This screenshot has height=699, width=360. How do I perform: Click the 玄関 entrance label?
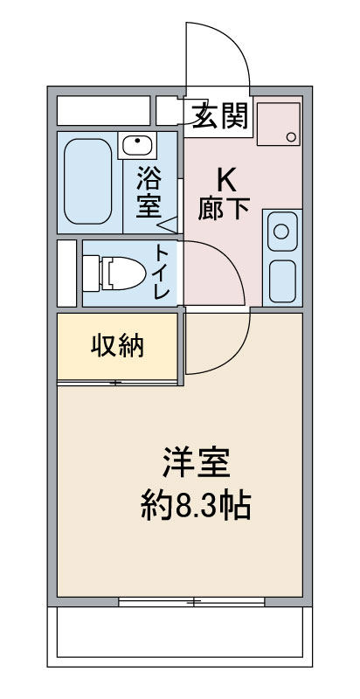point(219,117)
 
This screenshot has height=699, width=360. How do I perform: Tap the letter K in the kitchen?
point(225,181)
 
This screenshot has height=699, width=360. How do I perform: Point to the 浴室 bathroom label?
point(149,191)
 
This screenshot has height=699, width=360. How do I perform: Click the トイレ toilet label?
point(162,272)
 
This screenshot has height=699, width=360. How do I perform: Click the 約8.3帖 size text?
point(196,506)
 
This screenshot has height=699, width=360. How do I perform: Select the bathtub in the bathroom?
point(87,182)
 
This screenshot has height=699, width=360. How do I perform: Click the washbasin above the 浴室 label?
point(137,145)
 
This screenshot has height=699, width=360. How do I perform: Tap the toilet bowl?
point(122,273)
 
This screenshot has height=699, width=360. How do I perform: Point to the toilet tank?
point(92,273)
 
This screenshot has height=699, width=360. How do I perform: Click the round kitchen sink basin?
point(281,232)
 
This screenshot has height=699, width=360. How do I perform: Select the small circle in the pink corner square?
point(291,137)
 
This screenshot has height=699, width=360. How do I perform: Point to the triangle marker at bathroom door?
point(170,224)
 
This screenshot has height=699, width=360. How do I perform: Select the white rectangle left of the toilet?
point(66,273)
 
